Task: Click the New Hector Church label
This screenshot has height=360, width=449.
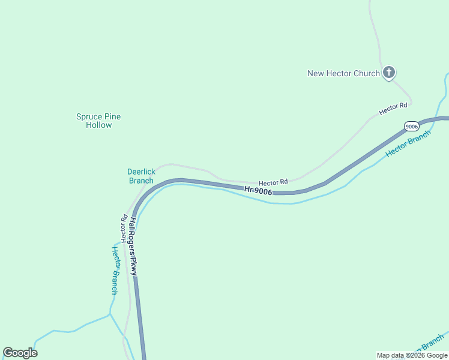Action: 343,73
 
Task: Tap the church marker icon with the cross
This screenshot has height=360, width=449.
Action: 389,73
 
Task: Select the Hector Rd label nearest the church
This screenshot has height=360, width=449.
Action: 393,109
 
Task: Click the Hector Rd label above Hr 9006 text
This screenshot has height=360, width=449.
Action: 273,182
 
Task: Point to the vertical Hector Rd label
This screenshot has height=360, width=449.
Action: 124,228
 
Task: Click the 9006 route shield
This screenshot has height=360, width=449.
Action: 411,126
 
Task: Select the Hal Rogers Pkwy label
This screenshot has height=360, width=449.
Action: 133,247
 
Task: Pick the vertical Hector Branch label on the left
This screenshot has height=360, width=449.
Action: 114,270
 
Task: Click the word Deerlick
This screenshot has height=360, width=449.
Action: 141,172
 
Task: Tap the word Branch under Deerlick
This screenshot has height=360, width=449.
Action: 141,181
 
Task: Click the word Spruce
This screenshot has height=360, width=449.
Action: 89,116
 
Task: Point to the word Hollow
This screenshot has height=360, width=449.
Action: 98,125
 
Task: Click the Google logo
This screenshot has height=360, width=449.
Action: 20,352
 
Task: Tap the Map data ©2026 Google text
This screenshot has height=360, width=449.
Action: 412,355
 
